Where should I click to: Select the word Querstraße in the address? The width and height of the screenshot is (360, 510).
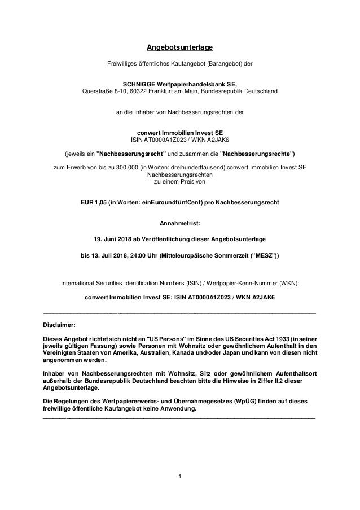pos(98,90)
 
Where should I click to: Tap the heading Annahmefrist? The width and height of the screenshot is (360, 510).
pos(180,223)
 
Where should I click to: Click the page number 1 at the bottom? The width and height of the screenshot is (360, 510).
pos(179,480)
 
